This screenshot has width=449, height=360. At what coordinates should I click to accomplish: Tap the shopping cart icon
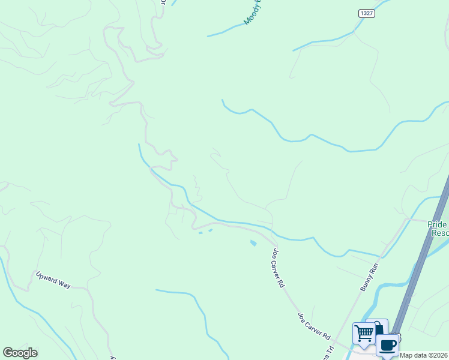tap(364, 333)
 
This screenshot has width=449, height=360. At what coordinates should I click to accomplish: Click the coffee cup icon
tap(387, 345)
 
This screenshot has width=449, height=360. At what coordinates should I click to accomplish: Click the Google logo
tap(20, 353)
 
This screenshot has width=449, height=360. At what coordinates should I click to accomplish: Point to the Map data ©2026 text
tap(424, 355)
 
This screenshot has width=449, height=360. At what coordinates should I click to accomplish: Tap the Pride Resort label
tap(438, 229)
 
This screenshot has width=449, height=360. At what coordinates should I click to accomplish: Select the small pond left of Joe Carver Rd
tap(253, 243)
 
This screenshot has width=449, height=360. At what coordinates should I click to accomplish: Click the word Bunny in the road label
tap(366, 283)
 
